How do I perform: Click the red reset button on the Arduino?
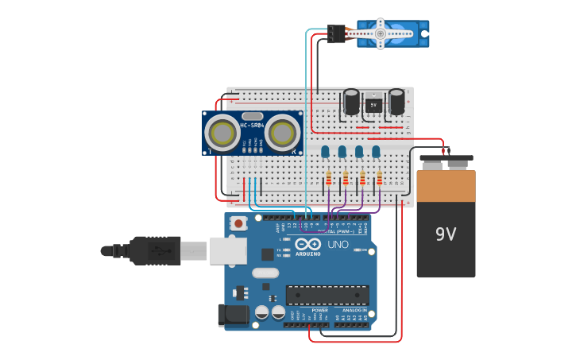point(238,223)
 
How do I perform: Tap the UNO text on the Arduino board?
point(338,245)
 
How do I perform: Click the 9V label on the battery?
point(446,234)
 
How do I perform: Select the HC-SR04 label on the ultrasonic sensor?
point(252,126)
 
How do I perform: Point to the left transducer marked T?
point(222,134)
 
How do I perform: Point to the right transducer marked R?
point(283,134)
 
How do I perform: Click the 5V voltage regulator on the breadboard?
point(373,104)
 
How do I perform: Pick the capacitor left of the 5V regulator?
point(350,102)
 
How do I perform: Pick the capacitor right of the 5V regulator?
point(396,102)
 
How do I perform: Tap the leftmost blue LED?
point(325,151)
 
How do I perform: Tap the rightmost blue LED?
point(376,151)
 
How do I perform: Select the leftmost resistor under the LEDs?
point(328,179)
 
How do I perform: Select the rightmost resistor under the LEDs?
point(380,179)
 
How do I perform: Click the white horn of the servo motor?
point(380,34)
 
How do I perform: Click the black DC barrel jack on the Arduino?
point(233,315)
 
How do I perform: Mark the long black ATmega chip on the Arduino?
point(327,295)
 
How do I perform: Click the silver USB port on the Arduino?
point(229,250)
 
